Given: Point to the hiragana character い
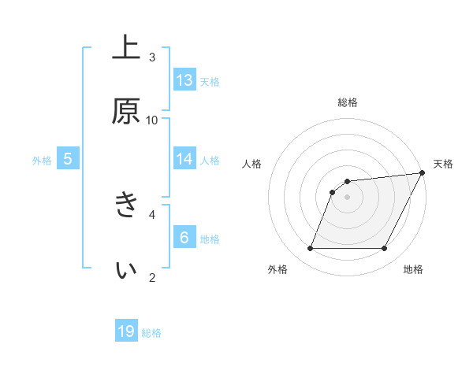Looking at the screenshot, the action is [x=126, y=268].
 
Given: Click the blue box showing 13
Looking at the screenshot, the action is [x=184, y=80].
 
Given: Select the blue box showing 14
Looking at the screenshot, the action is [x=184, y=159].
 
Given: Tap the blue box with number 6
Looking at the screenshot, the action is [x=184, y=237].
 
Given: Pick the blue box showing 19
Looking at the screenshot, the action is [x=126, y=331].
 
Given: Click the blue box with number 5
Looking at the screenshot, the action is [x=68, y=159].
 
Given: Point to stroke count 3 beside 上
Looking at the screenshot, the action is [x=152, y=57].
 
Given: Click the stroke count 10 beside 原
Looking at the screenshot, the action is [x=152, y=120].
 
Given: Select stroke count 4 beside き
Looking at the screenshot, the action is [x=152, y=213].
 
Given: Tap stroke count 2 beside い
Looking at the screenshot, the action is [x=152, y=276].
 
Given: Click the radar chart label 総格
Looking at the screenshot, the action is [x=348, y=102].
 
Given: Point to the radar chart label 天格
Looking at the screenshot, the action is [x=443, y=164].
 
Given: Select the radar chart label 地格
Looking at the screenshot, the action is [x=413, y=270].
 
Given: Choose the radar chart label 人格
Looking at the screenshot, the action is [x=252, y=164].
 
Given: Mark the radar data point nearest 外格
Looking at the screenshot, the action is [x=310, y=249].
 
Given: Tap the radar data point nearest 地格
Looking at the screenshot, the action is [x=385, y=249].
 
